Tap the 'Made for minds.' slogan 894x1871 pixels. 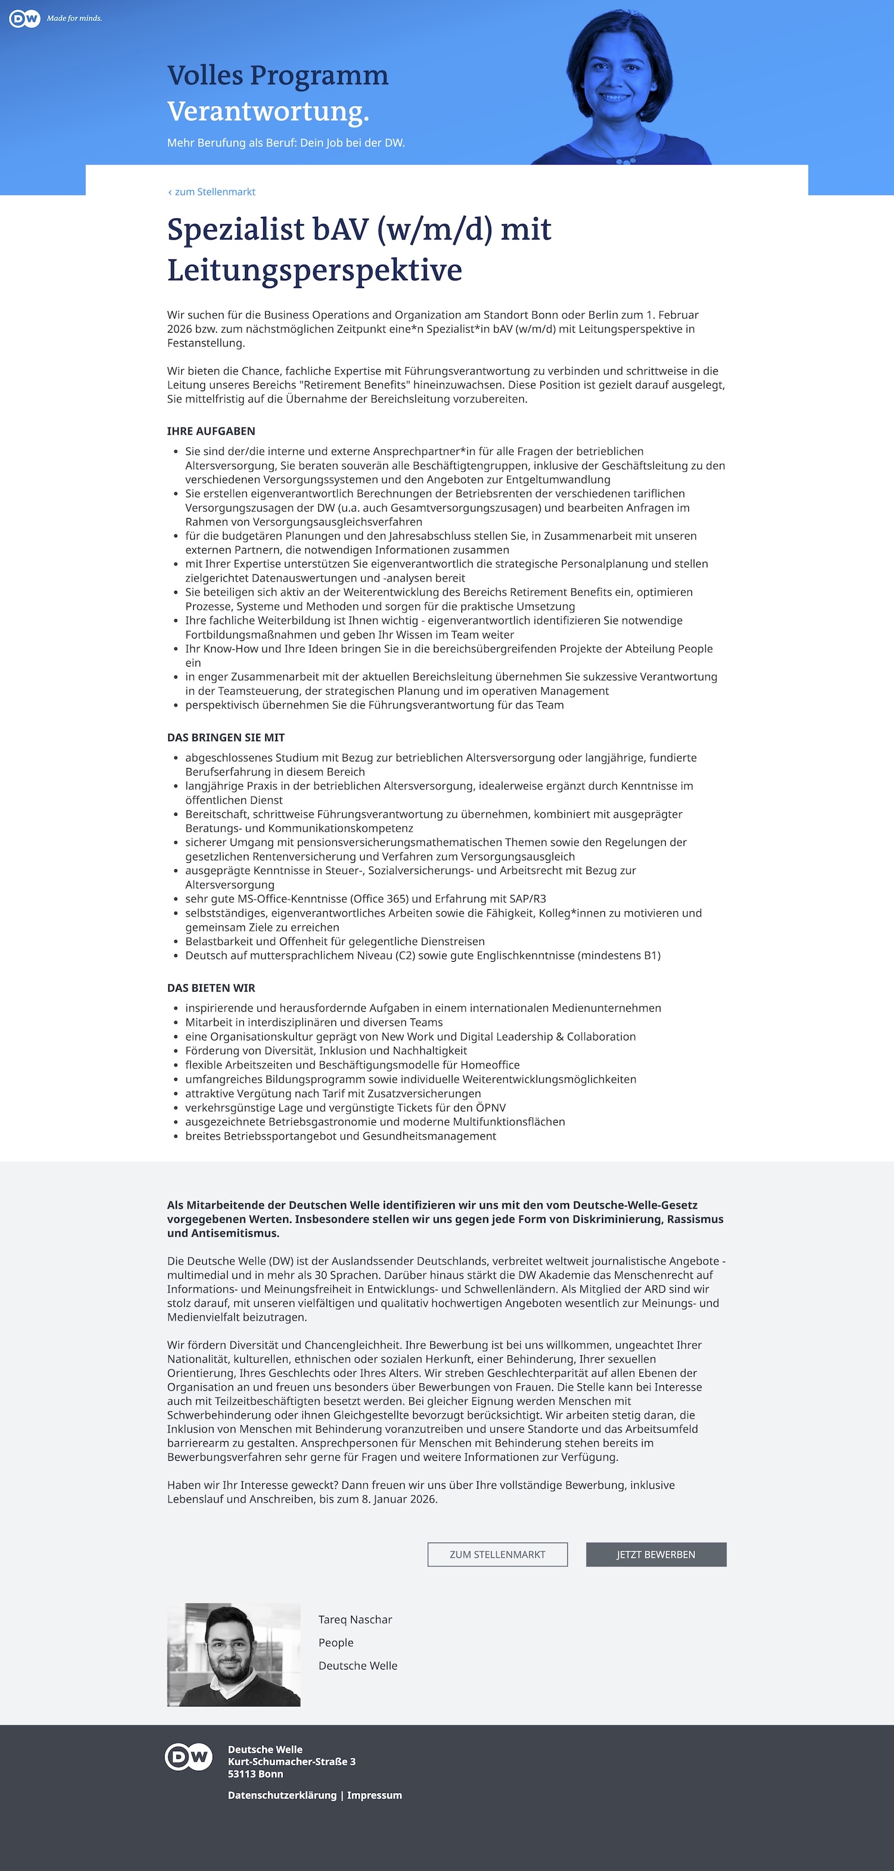click(x=74, y=18)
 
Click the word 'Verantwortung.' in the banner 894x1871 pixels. click(x=268, y=111)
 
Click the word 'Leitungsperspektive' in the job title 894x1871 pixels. click(x=315, y=270)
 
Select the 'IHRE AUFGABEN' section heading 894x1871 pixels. click(x=210, y=430)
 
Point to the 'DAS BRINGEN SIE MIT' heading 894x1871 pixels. click(x=225, y=737)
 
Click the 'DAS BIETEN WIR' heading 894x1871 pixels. click(x=210, y=988)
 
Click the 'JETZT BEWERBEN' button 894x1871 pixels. click(x=656, y=1554)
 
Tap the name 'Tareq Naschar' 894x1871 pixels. click(x=355, y=1619)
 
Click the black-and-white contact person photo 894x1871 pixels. click(x=233, y=1654)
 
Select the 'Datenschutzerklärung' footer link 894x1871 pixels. click(x=282, y=1795)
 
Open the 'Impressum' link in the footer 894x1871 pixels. click(x=374, y=1795)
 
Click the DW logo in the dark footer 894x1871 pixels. click(x=189, y=1757)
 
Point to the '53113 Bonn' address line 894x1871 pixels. click(x=256, y=1774)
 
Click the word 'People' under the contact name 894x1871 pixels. click(x=336, y=1642)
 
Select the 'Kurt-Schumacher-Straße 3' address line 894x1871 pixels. click(x=291, y=1761)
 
